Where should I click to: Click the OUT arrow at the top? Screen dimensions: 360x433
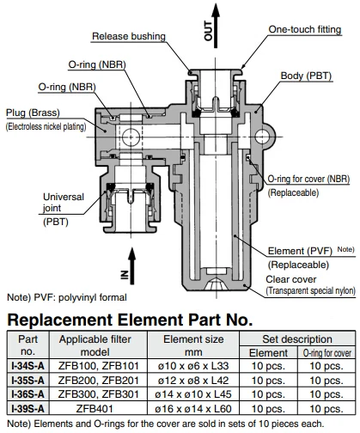(x=216, y=26)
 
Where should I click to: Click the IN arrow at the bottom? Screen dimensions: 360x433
(x=131, y=265)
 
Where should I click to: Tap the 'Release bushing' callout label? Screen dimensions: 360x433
(x=129, y=36)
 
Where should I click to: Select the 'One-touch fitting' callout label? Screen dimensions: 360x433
(x=305, y=29)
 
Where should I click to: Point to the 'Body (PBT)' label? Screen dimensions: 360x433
(x=306, y=76)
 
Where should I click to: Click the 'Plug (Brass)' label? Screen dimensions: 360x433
(x=33, y=113)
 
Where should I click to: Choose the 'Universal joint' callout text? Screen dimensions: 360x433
(x=64, y=202)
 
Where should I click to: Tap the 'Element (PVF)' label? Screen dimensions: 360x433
(x=300, y=251)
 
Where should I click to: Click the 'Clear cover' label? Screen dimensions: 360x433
(x=291, y=279)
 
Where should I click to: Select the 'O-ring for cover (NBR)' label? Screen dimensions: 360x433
(x=308, y=179)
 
